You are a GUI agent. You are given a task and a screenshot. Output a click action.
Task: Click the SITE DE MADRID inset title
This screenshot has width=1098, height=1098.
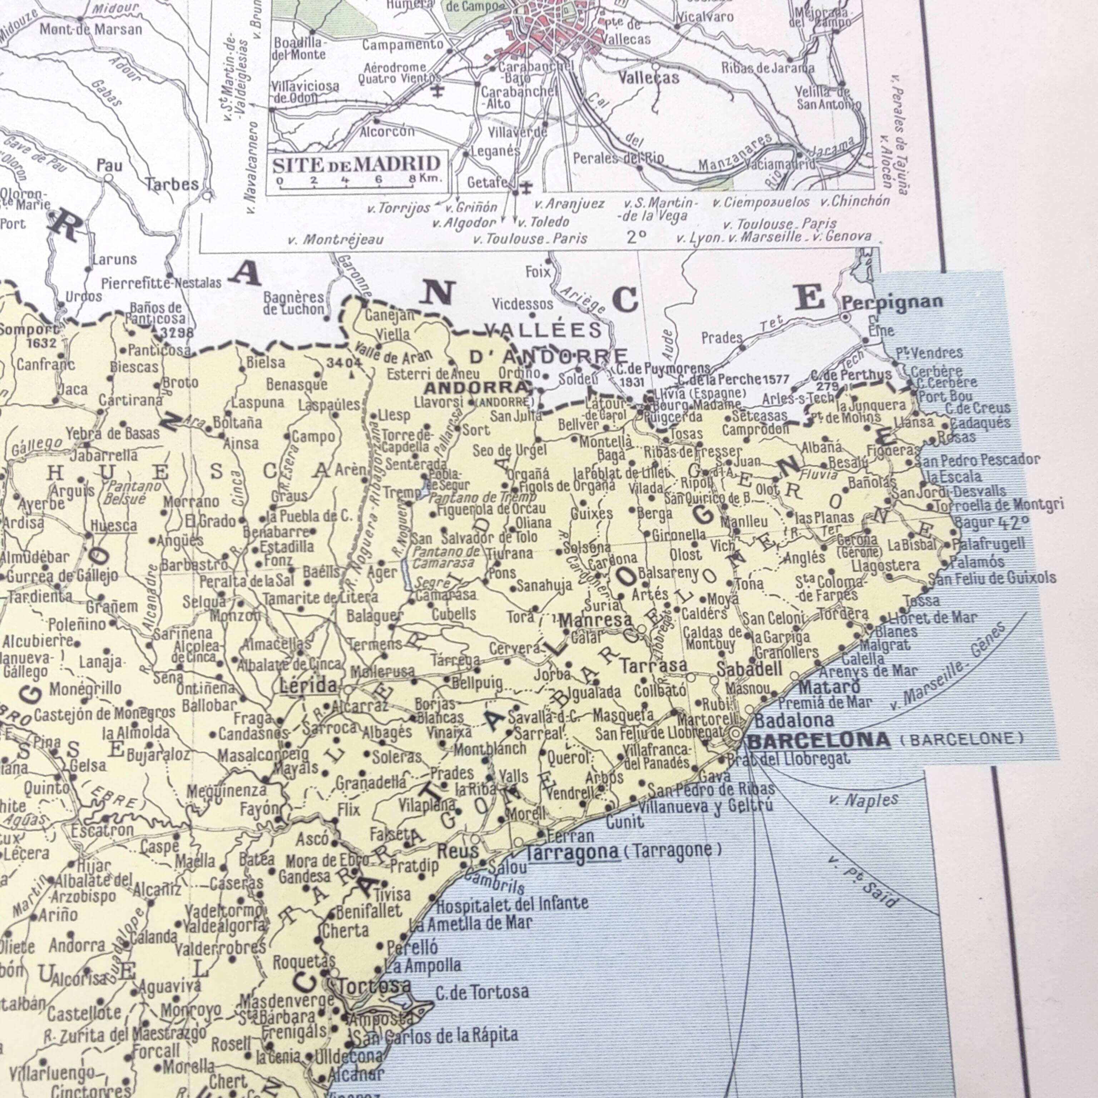(x=356, y=165)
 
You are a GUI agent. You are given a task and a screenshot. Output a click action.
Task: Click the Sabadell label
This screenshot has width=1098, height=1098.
(x=749, y=669)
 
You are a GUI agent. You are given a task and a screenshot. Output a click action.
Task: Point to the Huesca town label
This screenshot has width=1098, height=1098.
(x=114, y=526)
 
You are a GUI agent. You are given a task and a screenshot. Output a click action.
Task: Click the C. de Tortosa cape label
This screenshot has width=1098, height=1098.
(x=482, y=992)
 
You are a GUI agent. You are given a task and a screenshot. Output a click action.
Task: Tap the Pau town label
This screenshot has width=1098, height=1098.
(x=109, y=165)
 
